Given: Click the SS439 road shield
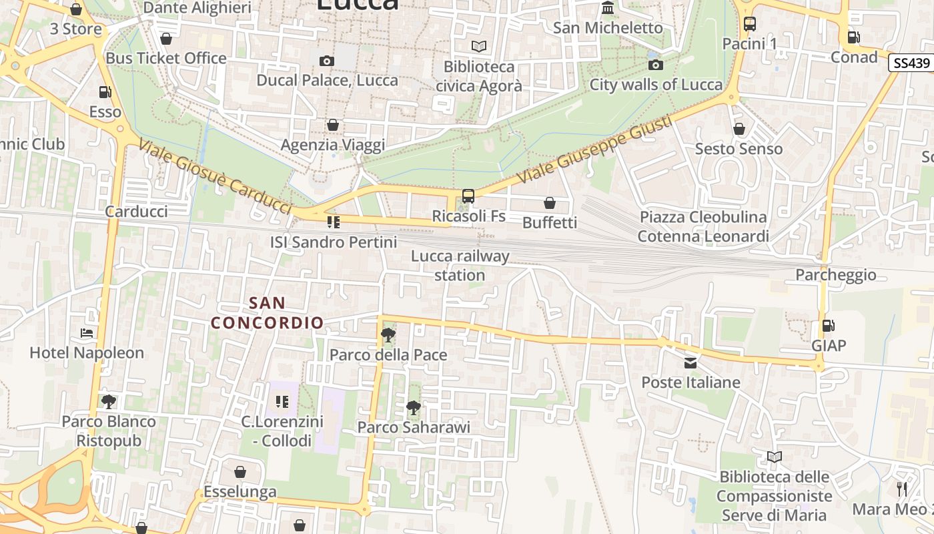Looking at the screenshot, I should [911, 63].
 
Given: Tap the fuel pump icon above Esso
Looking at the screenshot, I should [105, 92].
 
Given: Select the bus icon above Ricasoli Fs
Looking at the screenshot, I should [468, 196].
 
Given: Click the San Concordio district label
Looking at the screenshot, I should [268, 313].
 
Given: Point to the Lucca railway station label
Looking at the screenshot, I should [460, 265].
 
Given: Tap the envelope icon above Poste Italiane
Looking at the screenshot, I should [690, 362].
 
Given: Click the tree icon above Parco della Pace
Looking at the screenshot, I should [388, 334].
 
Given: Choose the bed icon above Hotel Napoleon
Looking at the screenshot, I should [87, 332].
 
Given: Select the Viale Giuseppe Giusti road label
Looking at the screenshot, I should [593, 150].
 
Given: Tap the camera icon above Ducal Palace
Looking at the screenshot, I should [326, 61].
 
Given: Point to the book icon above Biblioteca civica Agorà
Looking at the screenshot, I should [478, 46].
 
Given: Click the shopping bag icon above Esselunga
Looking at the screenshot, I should [240, 472].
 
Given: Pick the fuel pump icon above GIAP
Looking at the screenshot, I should [828, 326].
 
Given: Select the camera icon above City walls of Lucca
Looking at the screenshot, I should [656, 65].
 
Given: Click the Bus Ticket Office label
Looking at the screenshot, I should [166, 58].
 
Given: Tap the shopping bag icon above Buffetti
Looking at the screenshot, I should [550, 202].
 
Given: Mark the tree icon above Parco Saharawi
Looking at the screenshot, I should [414, 407].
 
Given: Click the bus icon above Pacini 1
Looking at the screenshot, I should [750, 24].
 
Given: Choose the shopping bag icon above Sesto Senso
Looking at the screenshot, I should [739, 129].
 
